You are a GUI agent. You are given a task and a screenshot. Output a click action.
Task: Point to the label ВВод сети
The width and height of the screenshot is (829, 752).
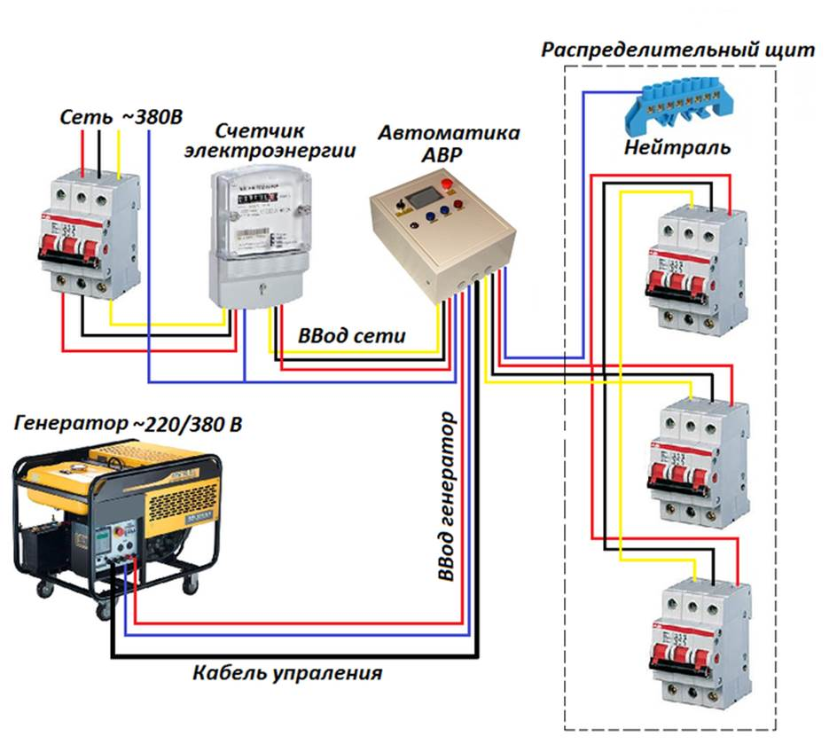[x=352, y=335]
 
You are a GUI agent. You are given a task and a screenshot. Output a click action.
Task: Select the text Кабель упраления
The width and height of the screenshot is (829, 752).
[x=286, y=673]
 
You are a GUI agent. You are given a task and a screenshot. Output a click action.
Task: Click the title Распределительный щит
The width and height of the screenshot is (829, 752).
[x=677, y=50]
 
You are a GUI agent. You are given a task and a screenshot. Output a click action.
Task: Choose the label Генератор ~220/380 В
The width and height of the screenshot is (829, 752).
[x=128, y=425]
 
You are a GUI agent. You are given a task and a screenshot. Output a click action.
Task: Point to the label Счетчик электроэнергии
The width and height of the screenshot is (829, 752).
[x=270, y=140]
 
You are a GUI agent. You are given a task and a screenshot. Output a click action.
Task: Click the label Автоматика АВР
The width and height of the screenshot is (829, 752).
[x=450, y=142]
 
